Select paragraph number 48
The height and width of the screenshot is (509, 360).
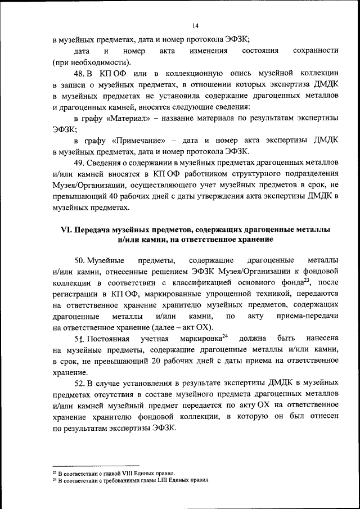click(79, 74)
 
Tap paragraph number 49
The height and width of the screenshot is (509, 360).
click(79, 163)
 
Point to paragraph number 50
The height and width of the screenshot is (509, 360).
click(79, 260)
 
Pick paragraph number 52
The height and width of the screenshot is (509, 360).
click(79, 383)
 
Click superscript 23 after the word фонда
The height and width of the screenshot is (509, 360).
click(307, 280)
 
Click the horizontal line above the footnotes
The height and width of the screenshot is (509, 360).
click(95, 466)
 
